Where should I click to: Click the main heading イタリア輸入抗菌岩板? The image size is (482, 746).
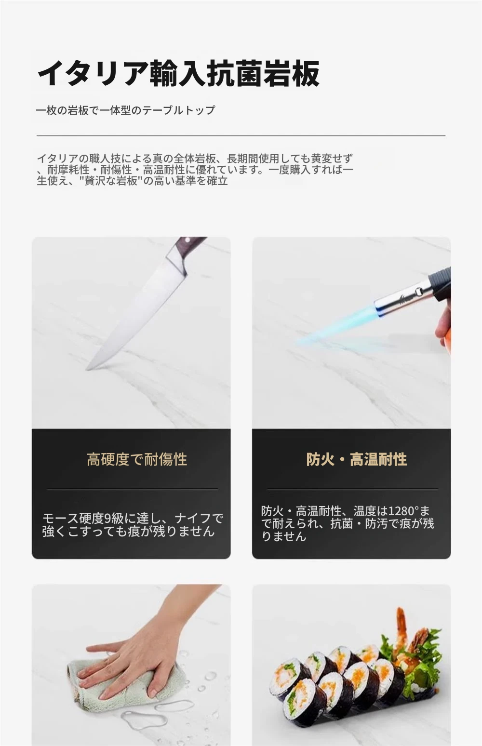coord(178,73)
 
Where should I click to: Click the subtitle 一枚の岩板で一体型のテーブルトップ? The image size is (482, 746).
coord(126,110)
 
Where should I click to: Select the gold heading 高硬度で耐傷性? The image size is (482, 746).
coord(137,459)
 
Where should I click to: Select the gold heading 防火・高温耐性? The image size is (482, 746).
coord(356,459)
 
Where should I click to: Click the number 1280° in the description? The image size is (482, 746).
coord(403,510)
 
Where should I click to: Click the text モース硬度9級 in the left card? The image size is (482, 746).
coord(83,518)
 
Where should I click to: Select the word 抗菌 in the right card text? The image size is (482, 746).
coord(341,524)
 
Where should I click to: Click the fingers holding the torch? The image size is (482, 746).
coord(443,323)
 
